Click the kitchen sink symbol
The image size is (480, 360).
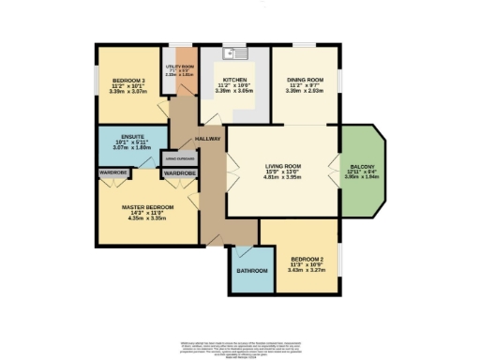pyautogui.click(x=231, y=55)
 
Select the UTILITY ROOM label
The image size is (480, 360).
pyautogui.click(x=179, y=67)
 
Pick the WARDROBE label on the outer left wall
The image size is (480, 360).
pyautogui.click(x=116, y=172)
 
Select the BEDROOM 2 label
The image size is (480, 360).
pyautogui.click(x=307, y=257)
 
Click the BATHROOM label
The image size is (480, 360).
pyautogui.click(x=251, y=271)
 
